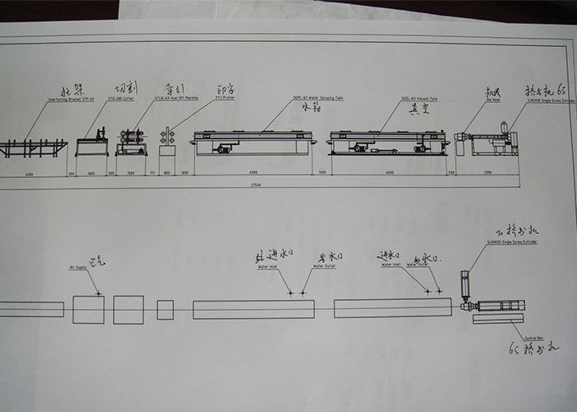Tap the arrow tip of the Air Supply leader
point(99,294)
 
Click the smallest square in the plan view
point(165,310)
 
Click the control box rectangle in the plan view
point(503,319)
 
